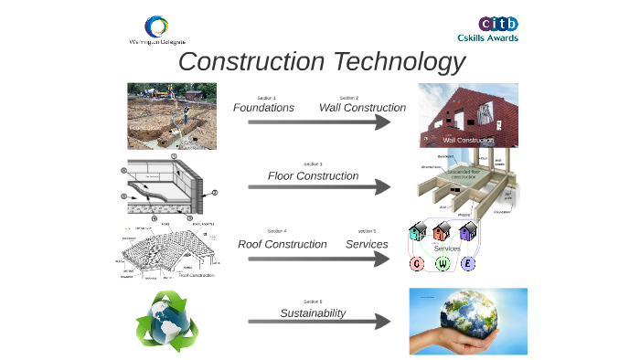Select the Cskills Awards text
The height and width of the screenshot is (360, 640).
click(x=488, y=38)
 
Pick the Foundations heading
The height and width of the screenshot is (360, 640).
click(x=263, y=108)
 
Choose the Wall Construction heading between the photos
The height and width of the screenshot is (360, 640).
click(x=362, y=108)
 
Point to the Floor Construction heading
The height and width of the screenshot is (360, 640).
click(x=313, y=175)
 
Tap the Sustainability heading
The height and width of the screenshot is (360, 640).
click(x=313, y=312)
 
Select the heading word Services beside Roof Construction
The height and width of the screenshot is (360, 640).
click(x=367, y=244)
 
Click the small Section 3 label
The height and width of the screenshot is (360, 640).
click(x=314, y=164)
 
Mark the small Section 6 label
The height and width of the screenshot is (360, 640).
click(x=313, y=301)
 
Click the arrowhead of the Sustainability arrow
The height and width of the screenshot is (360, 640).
click(x=383, y=323)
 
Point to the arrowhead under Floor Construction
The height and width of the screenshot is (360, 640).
click(x=383, y=186)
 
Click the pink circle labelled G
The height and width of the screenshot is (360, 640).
click(x=418, y=264)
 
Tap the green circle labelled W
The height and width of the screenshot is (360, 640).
click(x=443, y=264)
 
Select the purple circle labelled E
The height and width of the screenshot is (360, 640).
click(x=469, y=264)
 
